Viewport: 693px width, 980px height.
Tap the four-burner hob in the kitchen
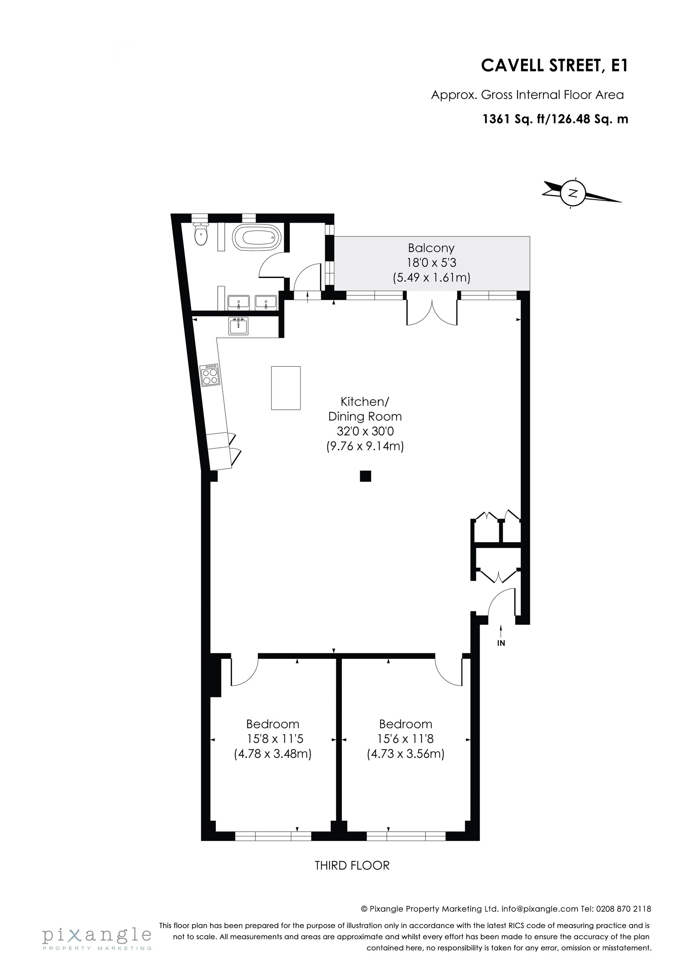[x=210, y=375]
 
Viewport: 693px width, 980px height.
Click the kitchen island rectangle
[x=286, y=388]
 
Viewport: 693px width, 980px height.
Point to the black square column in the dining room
[x=365, y=476]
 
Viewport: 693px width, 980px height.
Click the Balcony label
[x=431, y=248]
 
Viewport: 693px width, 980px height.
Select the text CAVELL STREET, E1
[x=555, y=66]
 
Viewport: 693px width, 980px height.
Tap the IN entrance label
[x=501, y=643]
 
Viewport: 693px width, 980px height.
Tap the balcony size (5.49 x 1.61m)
[x=431, y=278]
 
